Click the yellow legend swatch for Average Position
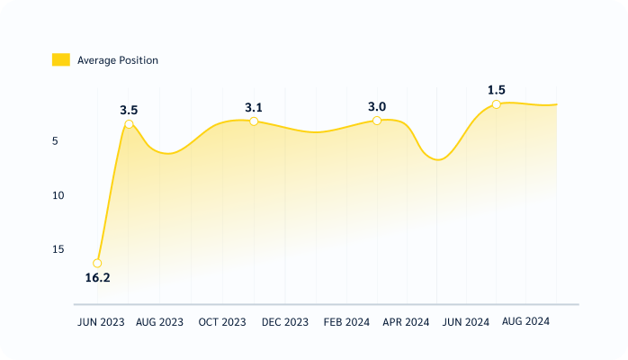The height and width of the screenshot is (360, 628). (60, 60)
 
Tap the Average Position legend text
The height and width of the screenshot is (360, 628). (117, 60)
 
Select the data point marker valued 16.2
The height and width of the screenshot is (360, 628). (97, 264)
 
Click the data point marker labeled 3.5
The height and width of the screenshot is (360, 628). (129, 124)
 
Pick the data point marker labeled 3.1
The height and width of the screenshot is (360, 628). (254, 121)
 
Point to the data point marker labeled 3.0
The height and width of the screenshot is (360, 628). (377, 120)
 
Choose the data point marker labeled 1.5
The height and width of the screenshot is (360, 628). (496, 104)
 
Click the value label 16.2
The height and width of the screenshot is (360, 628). (97, 278)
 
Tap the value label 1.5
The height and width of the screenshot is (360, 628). (496, 90)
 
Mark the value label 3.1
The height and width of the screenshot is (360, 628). (254, 107)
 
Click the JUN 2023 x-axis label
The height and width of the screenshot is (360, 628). (101, 322)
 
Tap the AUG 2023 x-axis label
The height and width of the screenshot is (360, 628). (159, 322)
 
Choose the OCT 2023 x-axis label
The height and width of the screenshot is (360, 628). (222, 322)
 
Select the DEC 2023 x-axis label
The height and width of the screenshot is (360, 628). (284, 322)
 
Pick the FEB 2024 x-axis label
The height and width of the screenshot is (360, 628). (346, 322)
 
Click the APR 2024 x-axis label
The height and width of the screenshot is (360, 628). (406, 322)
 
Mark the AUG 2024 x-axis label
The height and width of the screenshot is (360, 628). (525, 322)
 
